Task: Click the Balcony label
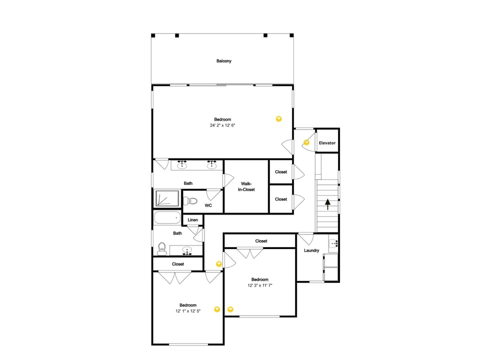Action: (224, 61)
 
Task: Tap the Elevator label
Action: (327, 143)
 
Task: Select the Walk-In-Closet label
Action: (246, 186)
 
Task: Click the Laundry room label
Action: (311, 250)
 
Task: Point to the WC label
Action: (208, 205)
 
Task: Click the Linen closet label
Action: (193, 220)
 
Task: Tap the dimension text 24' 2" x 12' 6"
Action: (222, 125)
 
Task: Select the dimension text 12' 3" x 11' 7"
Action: (259, 285)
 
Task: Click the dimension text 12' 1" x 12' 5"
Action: (188, 311)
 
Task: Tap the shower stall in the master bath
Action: (167, 198)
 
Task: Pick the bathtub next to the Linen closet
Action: (167, 218)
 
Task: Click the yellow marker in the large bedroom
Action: (279, 119)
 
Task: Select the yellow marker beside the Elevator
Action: (306, 142)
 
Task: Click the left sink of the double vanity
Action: (182, 165)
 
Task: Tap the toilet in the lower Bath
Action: (161, 248)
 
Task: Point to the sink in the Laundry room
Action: (333, 244)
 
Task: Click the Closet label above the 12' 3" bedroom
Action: (261, 241)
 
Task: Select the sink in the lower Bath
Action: (187, 250)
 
